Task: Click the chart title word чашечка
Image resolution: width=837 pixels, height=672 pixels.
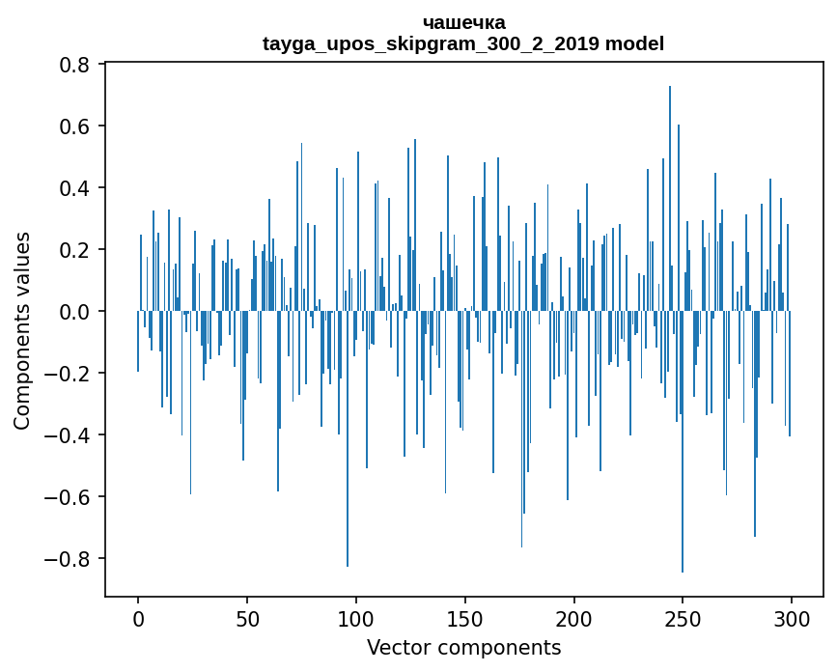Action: [x=463, y=22]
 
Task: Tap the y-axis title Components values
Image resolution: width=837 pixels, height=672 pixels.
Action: [x=22, y=330]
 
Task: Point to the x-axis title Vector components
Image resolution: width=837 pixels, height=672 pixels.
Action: [x=463, y=647]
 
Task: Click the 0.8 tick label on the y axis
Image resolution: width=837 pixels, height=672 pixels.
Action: [x=74, y=65]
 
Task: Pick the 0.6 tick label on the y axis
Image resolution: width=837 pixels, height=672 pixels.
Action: [x=74, y=126]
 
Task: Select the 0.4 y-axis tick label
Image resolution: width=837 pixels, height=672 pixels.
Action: [x=74, y=188]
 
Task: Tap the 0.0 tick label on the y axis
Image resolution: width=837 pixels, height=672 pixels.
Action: [x=74, y=312]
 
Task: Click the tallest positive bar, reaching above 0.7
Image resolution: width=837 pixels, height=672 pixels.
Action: [x=670, y=193]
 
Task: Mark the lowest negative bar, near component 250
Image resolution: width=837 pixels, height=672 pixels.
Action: [x=683, y=444]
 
